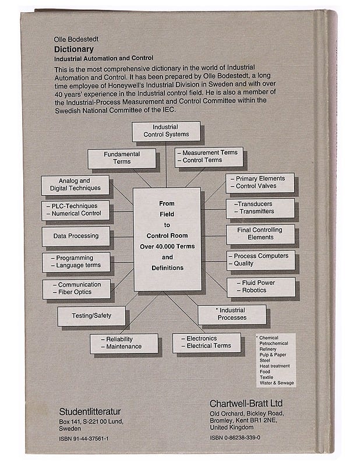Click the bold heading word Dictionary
[74, 50]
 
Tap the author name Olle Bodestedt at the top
[76, 39]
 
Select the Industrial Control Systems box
[166, 131]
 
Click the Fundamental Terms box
[122, 158]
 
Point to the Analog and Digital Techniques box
[75, 185]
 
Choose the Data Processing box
[76, 236]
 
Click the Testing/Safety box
[91, 316]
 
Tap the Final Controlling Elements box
[260, 234]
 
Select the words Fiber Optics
[75, 292]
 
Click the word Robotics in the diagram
[254, 290]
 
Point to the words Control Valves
[256, 186]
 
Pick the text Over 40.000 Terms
[167, 246]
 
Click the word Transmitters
[257, 211]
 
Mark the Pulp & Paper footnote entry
[273, 355]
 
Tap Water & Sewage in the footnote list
[277, 383]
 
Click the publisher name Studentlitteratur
[90, 412]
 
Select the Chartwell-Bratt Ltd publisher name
[246, 404]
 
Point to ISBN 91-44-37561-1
[83, 439]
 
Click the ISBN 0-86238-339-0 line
[235, 437]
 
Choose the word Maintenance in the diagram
[124, 347]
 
